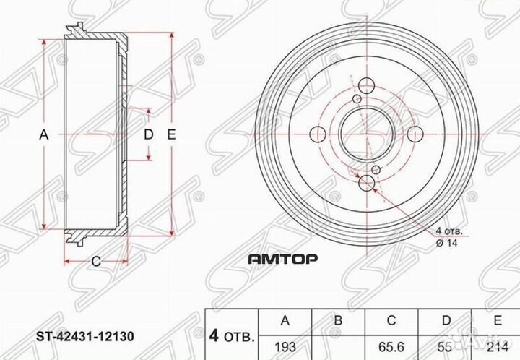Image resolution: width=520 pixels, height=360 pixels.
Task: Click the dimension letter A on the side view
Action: click(x=43, y=134)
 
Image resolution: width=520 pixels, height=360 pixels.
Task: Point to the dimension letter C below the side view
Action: click(x=95, y=262)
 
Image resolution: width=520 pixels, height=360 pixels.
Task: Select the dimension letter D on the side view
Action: click(x=148, y=134)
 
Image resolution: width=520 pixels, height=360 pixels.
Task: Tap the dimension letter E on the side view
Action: click(x=171, y=134)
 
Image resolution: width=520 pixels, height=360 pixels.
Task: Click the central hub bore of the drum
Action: click(x=366, y=134)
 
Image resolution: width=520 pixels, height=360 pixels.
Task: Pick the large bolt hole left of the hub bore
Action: click(x=318, y=134)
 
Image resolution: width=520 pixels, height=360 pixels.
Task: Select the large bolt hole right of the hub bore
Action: click(x=415, y=134)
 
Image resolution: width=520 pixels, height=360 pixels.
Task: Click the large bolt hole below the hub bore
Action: click(x=366, y=182)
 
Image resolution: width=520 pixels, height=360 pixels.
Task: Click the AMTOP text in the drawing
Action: click(x=283, y=258)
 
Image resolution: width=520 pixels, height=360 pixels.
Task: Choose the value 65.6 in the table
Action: click(x=390, y=346)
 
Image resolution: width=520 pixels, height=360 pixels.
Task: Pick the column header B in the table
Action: click(x=339, y=320)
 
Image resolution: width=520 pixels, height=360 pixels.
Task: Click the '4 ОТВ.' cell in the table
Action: click(x=232, y=336)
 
